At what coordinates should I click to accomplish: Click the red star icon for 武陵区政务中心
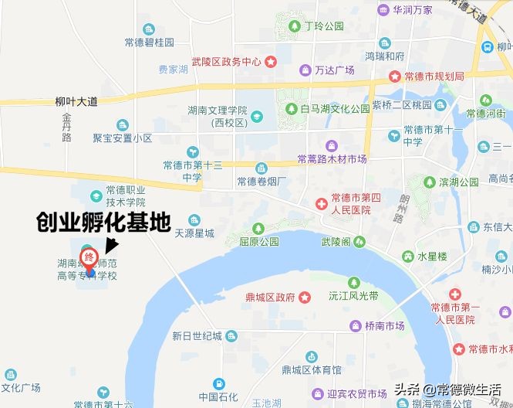click(270, 62)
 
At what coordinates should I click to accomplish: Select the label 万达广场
click(334, 70)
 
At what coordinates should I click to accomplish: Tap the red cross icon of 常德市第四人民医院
click(320, 203)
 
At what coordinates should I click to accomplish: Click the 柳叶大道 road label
click(77, 101)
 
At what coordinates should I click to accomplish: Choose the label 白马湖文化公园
click(335, 109)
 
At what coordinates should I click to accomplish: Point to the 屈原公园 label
click(258, 241)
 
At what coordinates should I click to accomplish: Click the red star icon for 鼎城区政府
click(305, 296)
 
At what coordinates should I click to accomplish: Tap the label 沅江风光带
click(353, 296)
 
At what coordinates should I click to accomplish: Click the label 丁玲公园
click(323, 26)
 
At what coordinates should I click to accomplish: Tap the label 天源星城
click(194, 233)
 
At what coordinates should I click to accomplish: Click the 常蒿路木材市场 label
click(332, 159)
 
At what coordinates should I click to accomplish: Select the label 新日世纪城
click(197, 336)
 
